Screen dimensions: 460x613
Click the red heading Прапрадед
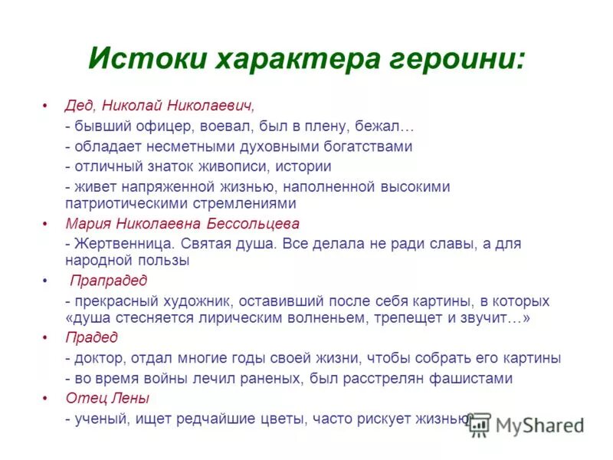click(109, 281)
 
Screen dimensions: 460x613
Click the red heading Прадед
click(91, 337)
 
